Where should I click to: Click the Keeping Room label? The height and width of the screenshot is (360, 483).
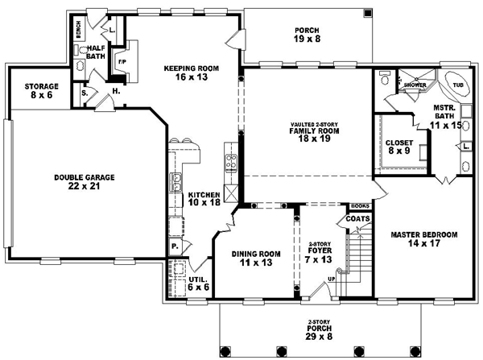click(x=187, y=73)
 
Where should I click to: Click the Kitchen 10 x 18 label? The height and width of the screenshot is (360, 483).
click(x=204, y=200)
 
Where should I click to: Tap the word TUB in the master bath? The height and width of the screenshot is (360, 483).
click(x=458, y=85)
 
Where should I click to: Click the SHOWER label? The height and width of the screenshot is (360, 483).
click(x=415, y=84)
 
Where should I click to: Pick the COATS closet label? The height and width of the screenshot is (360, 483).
click(x=357, y=217)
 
